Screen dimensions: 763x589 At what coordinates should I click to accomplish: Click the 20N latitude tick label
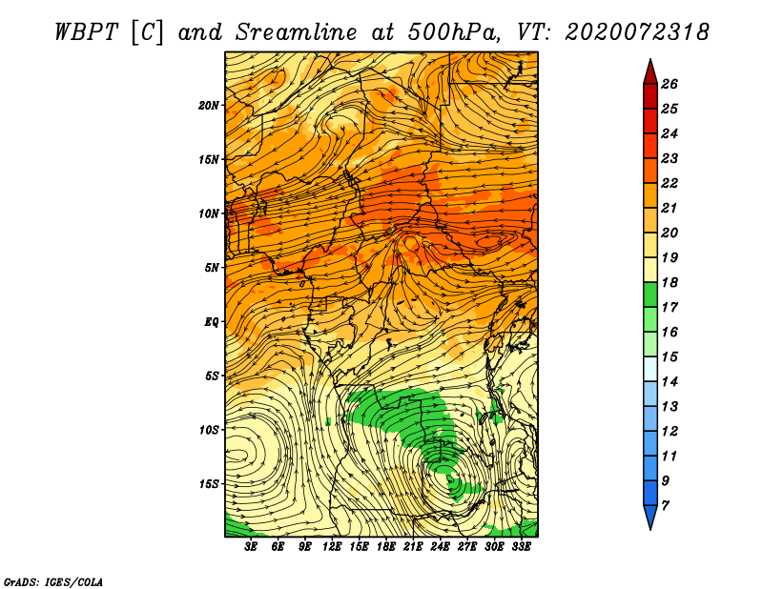[209, 105]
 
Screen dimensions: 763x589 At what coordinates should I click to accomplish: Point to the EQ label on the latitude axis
[211, 322]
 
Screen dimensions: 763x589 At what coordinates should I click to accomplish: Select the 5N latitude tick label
[212, 268]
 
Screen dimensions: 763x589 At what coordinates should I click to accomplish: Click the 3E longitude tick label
[251, 546]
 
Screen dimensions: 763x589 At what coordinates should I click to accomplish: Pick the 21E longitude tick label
[413, 546]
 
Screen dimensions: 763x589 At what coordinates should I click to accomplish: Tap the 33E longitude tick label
[521, 546]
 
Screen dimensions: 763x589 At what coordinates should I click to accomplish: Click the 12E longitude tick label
[331, 546]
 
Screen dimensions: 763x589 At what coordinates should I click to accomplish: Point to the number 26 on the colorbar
[670, 84]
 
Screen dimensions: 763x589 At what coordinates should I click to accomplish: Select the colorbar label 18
[670, 282]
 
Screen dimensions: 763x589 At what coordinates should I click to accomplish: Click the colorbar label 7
[665, 506]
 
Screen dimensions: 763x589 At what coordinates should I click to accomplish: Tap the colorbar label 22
[670, 183]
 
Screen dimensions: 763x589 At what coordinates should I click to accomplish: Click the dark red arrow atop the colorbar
[650, 72]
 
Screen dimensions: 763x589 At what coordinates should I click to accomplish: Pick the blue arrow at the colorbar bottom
[650, 517]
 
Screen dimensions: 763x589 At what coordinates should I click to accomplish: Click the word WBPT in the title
[86, 32]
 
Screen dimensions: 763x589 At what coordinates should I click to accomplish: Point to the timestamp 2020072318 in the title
[636, 32]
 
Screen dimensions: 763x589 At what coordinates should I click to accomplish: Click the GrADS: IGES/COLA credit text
[53, 581]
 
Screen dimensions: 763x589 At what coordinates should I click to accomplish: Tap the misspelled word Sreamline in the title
[297, 32]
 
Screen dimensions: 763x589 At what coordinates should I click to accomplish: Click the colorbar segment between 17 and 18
[650, 294]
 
